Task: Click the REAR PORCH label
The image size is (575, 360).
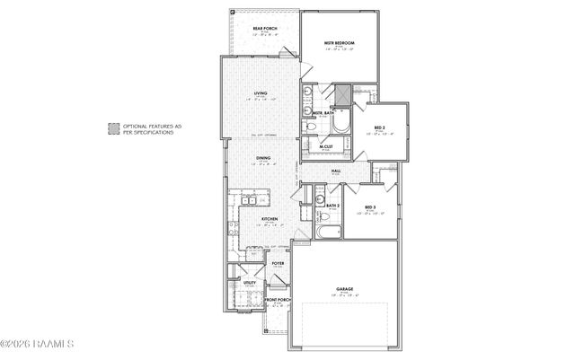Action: (264, 30)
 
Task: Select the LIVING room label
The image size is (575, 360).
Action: (261, 92)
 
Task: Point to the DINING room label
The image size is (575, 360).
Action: (263, 158)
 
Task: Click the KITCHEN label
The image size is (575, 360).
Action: (269, 220)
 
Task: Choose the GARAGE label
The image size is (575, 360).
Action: (344, 289)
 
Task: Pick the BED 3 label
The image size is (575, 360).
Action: (369, 207)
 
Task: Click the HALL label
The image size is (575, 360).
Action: (335, 170)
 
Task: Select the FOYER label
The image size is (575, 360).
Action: (278, 263)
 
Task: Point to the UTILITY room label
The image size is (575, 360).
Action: (249, 283)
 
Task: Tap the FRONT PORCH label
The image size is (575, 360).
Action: (278, 300)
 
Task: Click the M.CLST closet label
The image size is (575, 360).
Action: (327, 146)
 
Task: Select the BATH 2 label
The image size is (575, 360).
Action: (332, 206)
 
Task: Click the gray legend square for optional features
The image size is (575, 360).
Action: (114, 128)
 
